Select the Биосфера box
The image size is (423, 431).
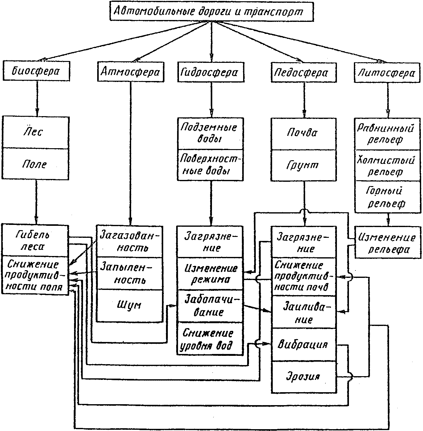(36, 71)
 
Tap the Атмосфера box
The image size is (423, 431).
(131, 72)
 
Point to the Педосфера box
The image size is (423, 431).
(301, 73)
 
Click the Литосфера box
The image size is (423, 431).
(387, 73)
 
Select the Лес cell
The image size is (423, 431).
(35, 132)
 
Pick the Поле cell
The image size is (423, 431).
(35, 164)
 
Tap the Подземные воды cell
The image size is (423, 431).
(210, 133)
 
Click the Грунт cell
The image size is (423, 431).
(303, 165)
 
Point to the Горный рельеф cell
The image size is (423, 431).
(388, 197)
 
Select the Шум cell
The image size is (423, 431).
(129, 305)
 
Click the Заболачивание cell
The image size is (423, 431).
(209, 306)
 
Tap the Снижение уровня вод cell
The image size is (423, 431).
(209, 339)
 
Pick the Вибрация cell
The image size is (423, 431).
(303, 344)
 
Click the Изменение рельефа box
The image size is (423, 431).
(388, 243)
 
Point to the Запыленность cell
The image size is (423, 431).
(129, 273)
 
